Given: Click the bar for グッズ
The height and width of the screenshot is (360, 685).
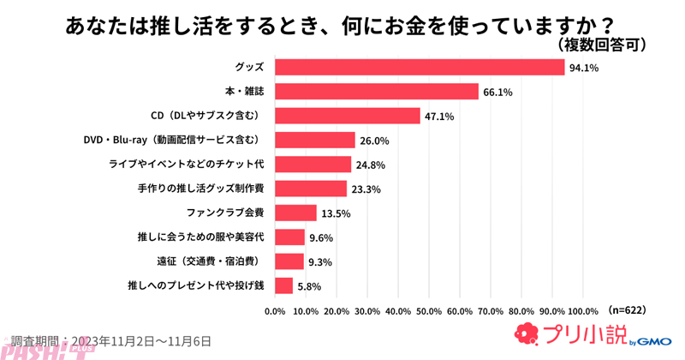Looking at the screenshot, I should click(420, 67).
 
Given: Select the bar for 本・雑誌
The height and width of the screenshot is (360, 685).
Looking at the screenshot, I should click(376, 92).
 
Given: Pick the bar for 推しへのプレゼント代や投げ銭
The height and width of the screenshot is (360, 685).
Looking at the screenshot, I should click(283, 285).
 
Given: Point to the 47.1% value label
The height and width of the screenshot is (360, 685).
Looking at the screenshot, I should click(438, 117).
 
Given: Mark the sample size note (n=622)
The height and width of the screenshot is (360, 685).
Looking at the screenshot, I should click(626, 309).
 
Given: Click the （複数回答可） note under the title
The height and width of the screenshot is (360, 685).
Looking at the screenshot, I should click(597, 44).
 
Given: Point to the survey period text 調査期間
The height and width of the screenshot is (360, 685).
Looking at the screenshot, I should click(111, 340).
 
